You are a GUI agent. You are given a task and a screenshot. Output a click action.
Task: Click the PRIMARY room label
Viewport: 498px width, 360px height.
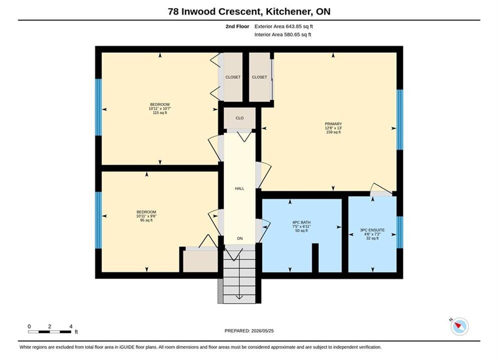click(333, 123)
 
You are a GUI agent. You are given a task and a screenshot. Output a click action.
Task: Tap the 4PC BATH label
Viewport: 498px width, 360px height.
click(301, 222)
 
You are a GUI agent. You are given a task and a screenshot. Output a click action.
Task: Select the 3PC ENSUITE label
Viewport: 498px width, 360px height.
click(372, 230)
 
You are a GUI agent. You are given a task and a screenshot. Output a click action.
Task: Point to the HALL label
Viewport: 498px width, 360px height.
click(239, 188)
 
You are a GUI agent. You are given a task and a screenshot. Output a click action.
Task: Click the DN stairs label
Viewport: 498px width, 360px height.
click(240, 238)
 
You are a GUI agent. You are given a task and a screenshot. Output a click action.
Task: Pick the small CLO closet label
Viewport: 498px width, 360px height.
click(239, 118)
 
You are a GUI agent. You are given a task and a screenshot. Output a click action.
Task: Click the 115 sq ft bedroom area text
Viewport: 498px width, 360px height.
click(160, 112)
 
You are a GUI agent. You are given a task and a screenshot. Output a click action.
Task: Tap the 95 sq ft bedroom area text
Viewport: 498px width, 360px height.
click(147, 220)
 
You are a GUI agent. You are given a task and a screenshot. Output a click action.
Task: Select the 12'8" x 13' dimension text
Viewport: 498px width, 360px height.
click(333, 128)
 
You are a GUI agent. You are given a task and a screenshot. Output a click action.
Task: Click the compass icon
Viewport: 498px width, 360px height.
click(459, 326)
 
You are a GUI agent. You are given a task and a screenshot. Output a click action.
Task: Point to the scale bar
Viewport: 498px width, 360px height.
click(50, 332)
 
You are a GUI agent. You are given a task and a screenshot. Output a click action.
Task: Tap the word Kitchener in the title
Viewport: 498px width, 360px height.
click(289, 11)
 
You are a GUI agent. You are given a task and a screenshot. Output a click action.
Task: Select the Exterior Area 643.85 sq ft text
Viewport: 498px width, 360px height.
click(284, 26)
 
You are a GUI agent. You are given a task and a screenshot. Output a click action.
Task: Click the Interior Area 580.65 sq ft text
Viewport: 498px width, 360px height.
click(283, 34)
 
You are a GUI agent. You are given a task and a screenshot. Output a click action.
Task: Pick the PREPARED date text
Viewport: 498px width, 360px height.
click(249, 331)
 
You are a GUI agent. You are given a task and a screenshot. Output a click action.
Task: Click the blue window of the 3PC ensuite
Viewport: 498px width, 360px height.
click(400, 232)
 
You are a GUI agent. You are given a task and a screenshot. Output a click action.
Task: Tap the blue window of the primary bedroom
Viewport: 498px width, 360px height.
click(400, 119)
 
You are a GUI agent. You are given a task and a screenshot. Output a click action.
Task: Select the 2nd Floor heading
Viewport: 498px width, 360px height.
click(237, 26)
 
